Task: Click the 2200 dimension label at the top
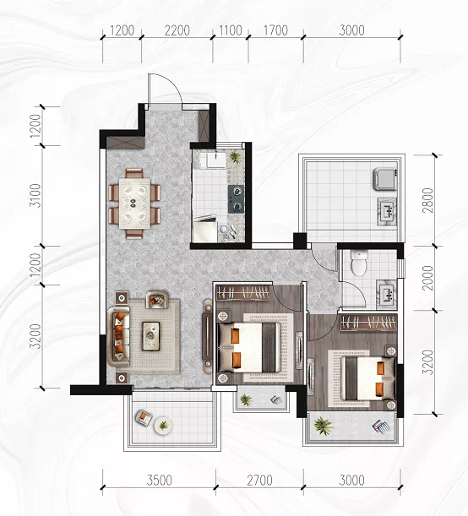click(x=177, y=30)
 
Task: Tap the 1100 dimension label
click(x=231, y=30)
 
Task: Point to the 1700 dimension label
click(x=275, y=30)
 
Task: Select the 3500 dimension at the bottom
click(x=160, y=481)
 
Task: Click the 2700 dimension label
click(x=259, y=481)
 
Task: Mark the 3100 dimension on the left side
click(x=35, y=195)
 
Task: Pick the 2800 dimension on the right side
click(x=427, y=200)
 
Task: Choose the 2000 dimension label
click(x=427, y=278)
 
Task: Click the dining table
click(x=134, y=203)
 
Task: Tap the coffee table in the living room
click(x=150, y=335)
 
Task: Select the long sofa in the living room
click(x=119, y=337)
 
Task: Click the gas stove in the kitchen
click(x=236, y=198)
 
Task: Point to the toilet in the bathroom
click(x=358, y=263)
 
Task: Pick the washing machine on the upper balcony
click(x=385, y=179)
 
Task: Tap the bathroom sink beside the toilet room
click(x=387, y=294)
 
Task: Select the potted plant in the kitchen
click(x=235, y=156)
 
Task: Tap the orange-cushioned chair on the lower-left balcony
click(x=144, y=418)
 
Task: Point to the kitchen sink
click(x=213, y=160)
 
